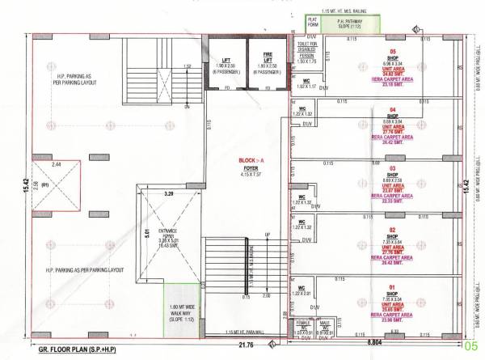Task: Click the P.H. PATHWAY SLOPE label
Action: pyautogui.click(x=344, y=22)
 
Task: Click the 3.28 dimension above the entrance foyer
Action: pyautogui.click(x=169, y=195)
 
